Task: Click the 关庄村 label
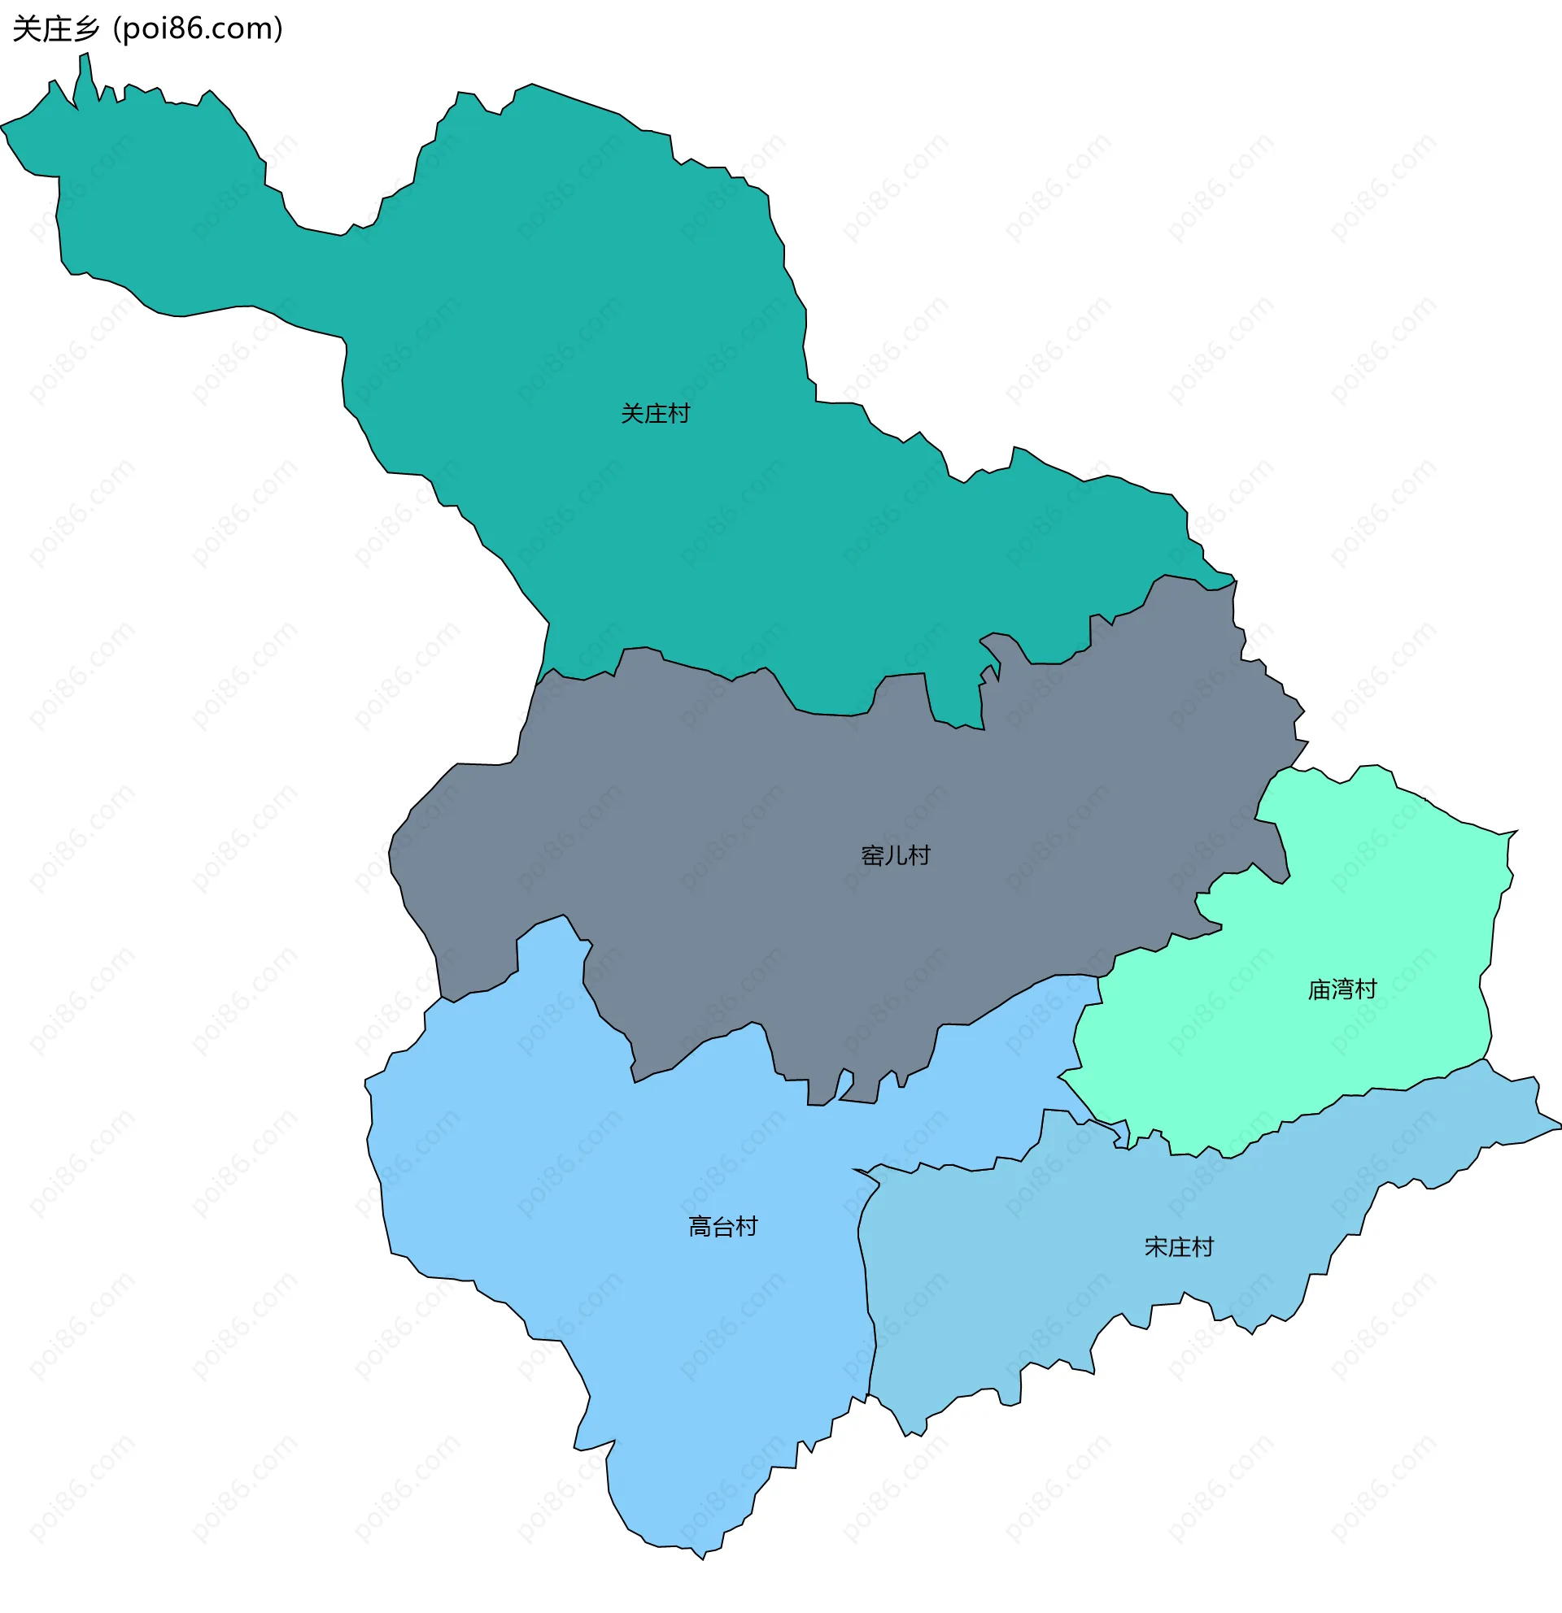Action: pos(655,414)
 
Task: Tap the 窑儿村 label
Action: pos(895,856)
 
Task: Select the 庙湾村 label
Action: pos(1342,989)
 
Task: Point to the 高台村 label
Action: pos(722,1227)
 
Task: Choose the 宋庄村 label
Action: pos(1178,1248)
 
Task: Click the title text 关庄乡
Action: pos(56,28)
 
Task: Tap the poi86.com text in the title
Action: pos(198,28)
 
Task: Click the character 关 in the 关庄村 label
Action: pos(631,414)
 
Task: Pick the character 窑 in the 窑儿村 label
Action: pos(872,856)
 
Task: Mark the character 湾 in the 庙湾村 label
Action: pos(1342,989)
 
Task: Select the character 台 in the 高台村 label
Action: pos(722,1227)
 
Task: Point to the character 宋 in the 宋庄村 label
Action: pos(1155,1248)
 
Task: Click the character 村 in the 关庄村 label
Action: pos(678,414)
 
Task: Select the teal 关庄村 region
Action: pos(576,329)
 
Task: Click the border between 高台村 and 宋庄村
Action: pos(865,1284)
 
